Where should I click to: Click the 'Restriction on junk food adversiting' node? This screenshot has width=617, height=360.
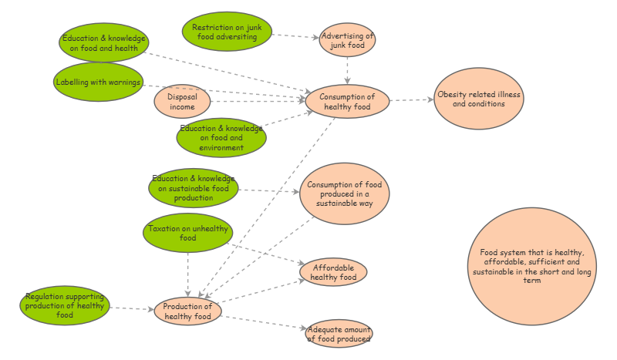click(x=227, y=32)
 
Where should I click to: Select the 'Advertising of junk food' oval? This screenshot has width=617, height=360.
click(x=347, y=40)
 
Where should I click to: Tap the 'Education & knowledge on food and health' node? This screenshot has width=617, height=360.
click(x=104, y=42)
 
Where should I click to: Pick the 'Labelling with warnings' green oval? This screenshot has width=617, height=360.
click(x=99, y=82)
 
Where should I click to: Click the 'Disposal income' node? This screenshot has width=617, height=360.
click(x=182, y=101)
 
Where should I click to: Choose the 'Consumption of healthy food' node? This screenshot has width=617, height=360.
click(x=347, y=101)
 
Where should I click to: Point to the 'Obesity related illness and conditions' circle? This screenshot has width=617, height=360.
click(x=478, y=99)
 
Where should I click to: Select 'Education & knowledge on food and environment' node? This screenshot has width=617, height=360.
click(x=221, y=138)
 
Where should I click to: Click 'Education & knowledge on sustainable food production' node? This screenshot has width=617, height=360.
click(x=194, y=188)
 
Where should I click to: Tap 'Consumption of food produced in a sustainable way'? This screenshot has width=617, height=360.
click(x=344, y=193)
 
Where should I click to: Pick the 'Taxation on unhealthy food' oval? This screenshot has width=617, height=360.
click(x=187, y=233)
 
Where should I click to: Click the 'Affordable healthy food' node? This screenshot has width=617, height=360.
click(x=333, y=272)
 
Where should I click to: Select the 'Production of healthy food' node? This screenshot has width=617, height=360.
click(x=187, y=311)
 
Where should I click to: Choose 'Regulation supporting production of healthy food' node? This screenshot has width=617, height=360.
click(x=65, y=305)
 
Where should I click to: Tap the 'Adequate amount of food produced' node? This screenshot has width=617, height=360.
click(x=339, y=334)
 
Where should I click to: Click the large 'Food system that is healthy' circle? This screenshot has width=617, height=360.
click(x=531, y=267)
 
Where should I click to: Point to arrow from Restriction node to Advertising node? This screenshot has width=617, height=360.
click(x=295, y=36)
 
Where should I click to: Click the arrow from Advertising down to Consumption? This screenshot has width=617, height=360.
click(x=347, y=71)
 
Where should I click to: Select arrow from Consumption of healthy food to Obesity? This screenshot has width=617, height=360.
click(x=412, y=100)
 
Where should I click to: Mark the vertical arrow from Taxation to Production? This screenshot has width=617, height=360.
click(x=187, y=274)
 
